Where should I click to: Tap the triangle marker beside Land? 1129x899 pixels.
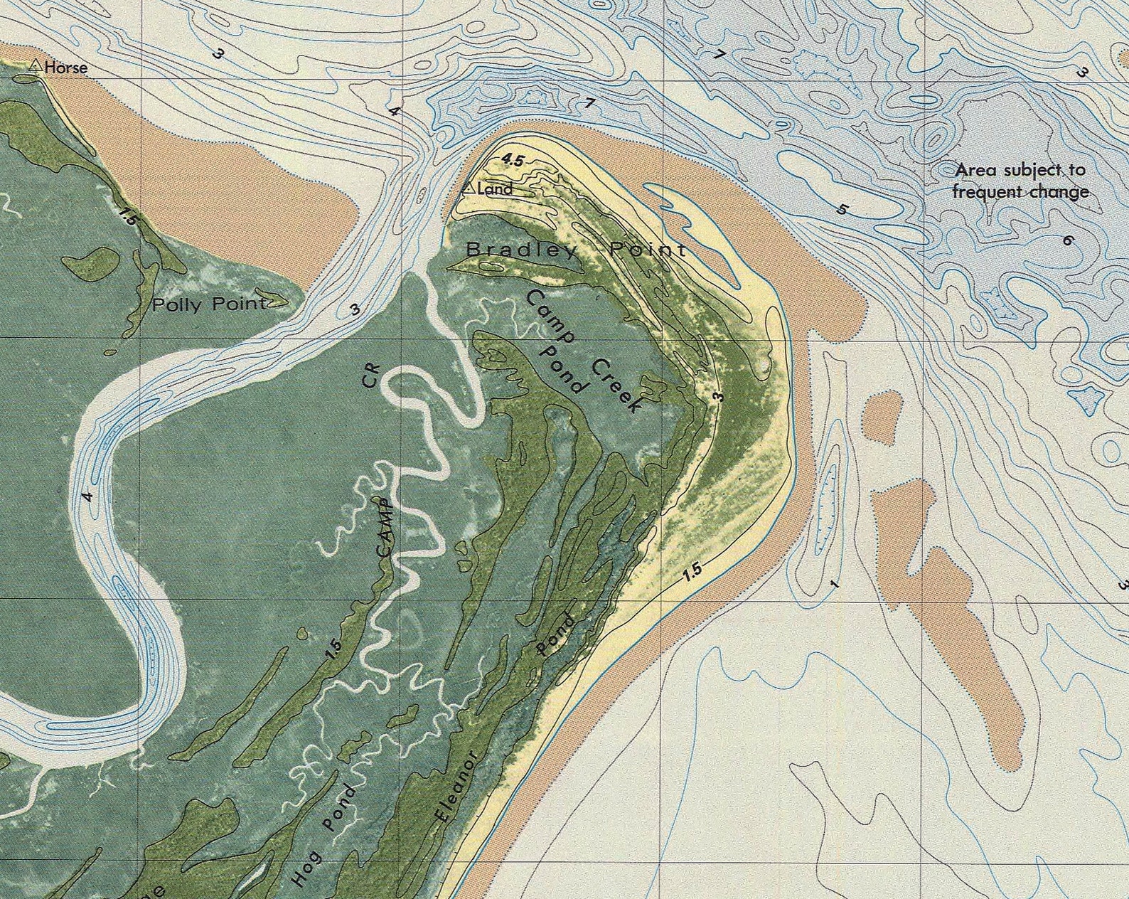pos(468,188)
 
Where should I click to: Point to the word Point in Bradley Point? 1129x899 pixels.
pos(648,250)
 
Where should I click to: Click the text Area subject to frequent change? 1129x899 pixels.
pos(1020,181)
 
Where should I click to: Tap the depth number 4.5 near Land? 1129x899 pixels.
pos(512,161)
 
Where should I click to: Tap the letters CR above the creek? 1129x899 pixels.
pos(372,376)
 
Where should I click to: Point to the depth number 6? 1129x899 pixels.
pos(1068,240)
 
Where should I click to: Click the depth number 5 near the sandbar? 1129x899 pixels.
pos(843,209)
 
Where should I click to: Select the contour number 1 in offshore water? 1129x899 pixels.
pos(834,584)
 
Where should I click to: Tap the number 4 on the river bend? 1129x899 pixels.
pos(87,495)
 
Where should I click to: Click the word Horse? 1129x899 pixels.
pos(66,68)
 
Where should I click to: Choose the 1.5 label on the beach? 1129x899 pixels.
pos(694,570)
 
